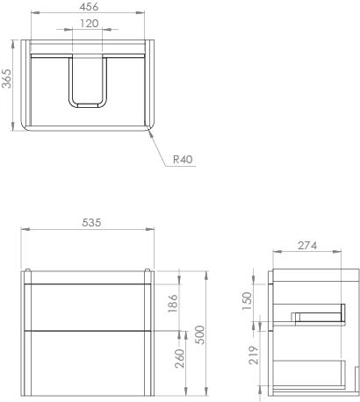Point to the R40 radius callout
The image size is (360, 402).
pyautogui.click(x=183, y=160)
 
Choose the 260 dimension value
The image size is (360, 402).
pyautogui.click(x=181, y=359)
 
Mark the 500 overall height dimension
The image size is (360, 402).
pyautogui.click(x=200, y=334)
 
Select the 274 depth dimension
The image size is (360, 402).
pyautogui.click(x=306, y=247)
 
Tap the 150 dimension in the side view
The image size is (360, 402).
pyautogui.click(x=248, y=299)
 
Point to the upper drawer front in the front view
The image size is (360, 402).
pyautogui.click(x=88, y=306)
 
